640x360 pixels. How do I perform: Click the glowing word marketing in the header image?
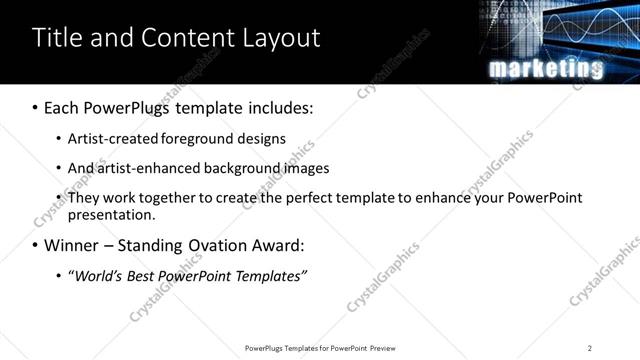(545, 68)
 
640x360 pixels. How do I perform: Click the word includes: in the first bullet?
(277, 108)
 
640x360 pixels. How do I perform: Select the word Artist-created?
(114, 139)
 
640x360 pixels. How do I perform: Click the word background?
(243, 168)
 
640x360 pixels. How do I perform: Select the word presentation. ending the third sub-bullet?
(111, 214)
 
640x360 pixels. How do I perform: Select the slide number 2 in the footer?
(590, 348)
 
